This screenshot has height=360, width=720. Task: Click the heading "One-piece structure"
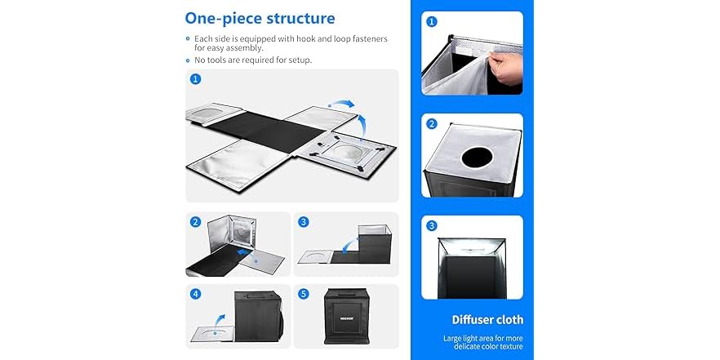pos(260,18)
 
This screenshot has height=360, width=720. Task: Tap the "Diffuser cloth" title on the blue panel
pos(487,319)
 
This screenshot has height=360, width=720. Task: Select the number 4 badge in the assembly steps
pos(195,294)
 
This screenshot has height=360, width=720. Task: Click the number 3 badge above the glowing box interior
pos(432,226)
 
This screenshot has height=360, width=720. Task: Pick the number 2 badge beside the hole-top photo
pos(432,125)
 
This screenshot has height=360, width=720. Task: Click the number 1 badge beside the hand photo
pos(432,22)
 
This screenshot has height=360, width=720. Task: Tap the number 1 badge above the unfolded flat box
pos(195,79)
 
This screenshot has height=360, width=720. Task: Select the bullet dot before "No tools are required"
pos(189,60)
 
